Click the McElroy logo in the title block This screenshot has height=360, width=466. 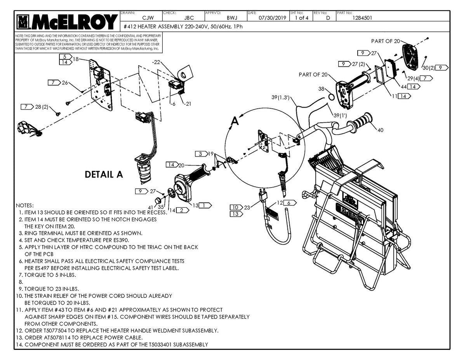tap(66, 22)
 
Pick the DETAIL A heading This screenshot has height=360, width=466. tap(104, 175)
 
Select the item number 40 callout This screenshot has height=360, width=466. tap(380, 130)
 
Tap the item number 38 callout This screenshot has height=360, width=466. tap(321, 89)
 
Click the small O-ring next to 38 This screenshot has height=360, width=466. tap(330, 96)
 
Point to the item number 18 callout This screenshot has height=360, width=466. tap(75, 59)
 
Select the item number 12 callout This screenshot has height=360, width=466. tap(279, 202)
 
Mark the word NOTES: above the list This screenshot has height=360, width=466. tap(25, 205)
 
